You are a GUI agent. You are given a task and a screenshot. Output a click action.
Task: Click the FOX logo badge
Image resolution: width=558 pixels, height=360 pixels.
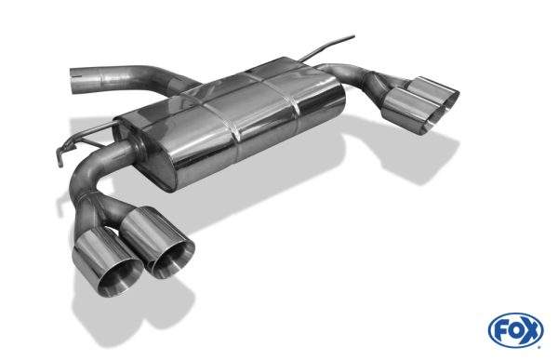pos(516,330)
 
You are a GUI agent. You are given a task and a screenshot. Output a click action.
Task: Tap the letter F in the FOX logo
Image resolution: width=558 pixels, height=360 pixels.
pos(501,331)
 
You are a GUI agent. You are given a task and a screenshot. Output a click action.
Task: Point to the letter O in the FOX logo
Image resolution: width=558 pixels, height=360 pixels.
pos(516,331)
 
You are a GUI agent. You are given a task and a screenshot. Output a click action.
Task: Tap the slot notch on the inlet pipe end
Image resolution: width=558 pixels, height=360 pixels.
pos(76,74)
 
